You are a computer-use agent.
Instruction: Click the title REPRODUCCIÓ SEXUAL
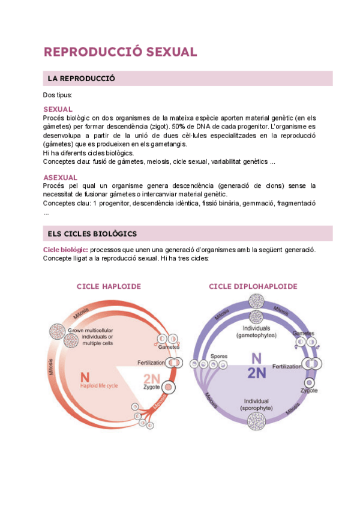pyautogui.click(x=120, y=52)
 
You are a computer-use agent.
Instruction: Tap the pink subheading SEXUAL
pyautogui.click(x=58, y=109)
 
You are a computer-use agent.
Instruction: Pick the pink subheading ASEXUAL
pyautogui.click(x=60, y=178)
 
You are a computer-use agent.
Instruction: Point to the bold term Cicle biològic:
pyautogui.click(x=65, y=249)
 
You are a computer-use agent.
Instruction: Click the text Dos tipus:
pyautogui.click(x=58, y=95)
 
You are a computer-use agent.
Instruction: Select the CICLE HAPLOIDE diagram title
pyautogui.click(x=109, y=286)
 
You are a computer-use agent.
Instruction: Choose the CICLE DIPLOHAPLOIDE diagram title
pyautogui.click(x=253, y=286)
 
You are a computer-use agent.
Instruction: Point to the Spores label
pyautogui.click(x=218, y=356)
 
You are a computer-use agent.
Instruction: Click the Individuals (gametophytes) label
pyautogui.click(x=256, y=332)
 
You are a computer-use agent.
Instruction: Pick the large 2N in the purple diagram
pyautogui.click(x=256, y=374)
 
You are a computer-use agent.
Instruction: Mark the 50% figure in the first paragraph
pyautogui.click(x=178, y=127)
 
